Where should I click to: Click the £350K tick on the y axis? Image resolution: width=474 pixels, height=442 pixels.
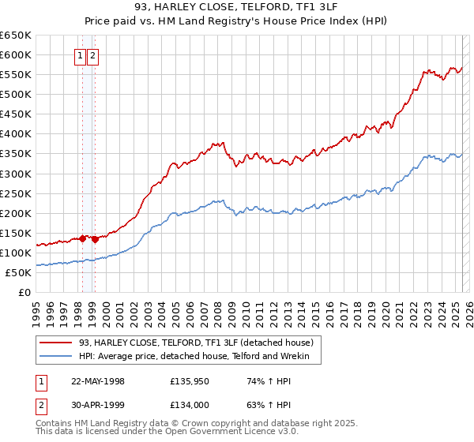15,154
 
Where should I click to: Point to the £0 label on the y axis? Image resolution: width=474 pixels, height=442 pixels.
24,292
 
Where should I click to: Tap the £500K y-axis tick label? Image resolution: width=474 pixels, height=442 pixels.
15,94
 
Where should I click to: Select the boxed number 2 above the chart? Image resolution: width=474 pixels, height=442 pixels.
93,55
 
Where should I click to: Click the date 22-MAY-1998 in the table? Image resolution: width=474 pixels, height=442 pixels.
98,380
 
